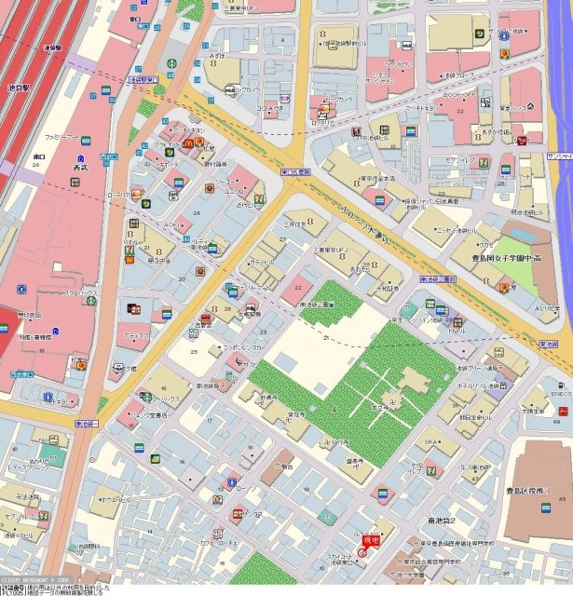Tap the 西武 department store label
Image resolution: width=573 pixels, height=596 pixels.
pos(78,168)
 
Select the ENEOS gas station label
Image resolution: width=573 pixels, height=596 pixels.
pos(560,394)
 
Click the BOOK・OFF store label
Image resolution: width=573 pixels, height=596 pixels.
pos(459,94)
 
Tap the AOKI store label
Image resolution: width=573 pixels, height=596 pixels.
pos(171,224)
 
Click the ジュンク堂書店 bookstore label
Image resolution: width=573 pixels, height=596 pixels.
pos(141,415)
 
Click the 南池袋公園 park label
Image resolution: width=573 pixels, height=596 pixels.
pos(317,305)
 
